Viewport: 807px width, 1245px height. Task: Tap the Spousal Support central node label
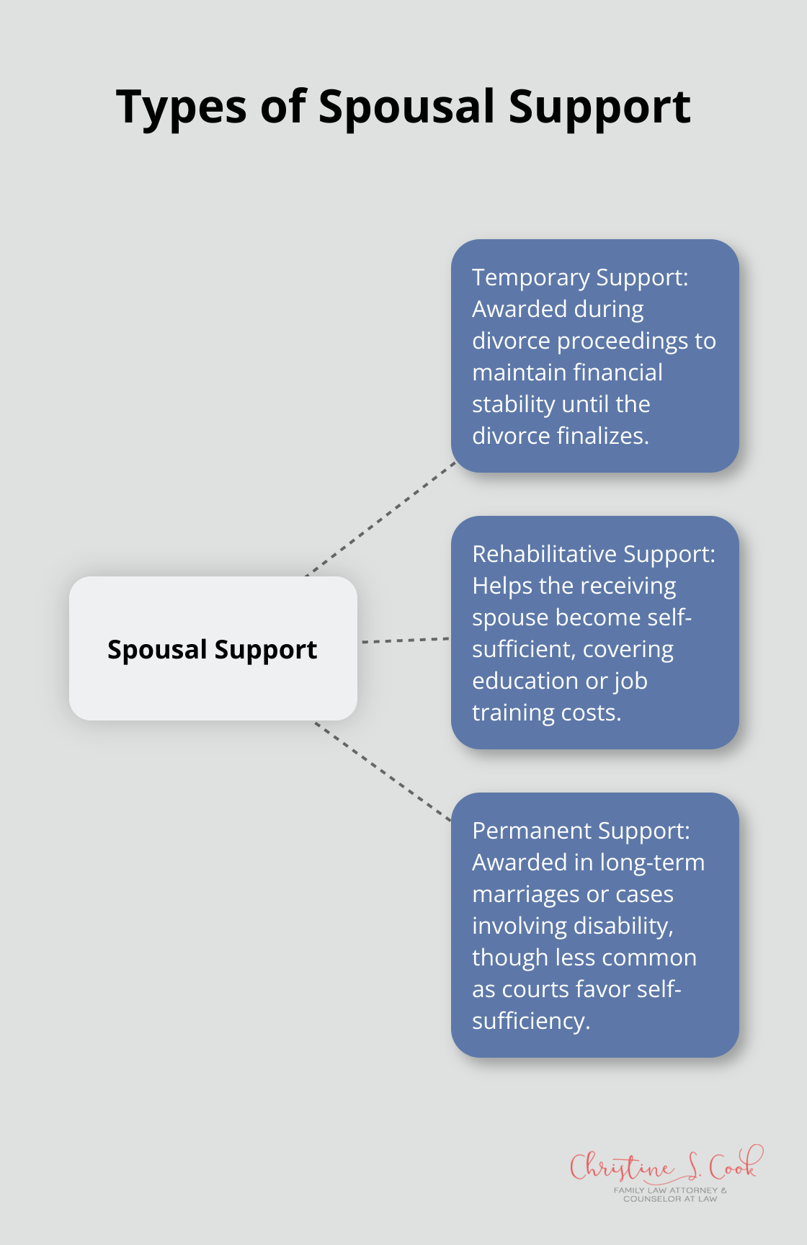click(x=212, y=649)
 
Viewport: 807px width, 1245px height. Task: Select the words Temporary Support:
click(x=580, y=277)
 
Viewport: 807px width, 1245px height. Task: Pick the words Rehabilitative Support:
click(x=594, y=554)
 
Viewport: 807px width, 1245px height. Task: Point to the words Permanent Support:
click(x=581, y=831)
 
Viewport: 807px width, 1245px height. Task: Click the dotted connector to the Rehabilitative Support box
click(x=405, y=640)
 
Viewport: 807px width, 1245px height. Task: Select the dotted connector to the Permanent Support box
click(x=382, y=772)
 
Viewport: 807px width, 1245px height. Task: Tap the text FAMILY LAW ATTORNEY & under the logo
click(x=670, y=1190)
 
